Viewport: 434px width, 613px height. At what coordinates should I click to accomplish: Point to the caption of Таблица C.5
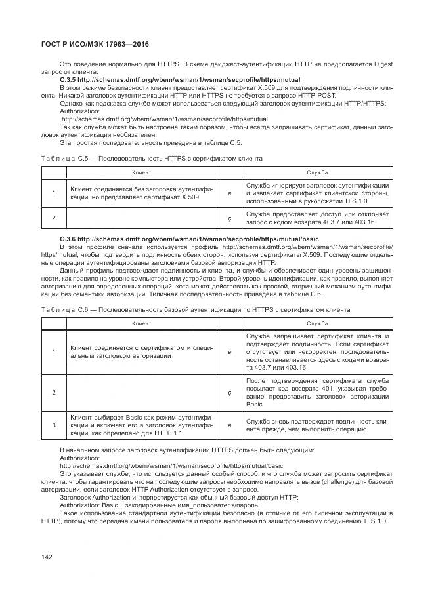(x=152, y=158)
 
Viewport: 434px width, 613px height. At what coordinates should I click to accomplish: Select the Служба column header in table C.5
(x=317, y=172)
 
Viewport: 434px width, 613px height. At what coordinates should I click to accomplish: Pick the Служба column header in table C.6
(x=317, y=323)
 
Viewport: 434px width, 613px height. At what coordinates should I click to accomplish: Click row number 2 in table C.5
(x=53, y=218)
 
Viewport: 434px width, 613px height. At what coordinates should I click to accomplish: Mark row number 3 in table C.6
(x=53, y=425)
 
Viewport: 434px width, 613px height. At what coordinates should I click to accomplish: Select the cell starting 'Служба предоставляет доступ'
(x=317, y=218)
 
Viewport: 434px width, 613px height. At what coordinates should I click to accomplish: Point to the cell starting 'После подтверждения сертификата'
(x=317, y=392)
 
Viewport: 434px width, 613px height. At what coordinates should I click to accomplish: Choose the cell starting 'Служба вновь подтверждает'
(x=317, y=425)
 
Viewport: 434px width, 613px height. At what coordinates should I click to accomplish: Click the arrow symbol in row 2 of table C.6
(x=229, y=393)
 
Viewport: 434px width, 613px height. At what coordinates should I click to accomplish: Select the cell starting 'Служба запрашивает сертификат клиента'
(x=317, y=352)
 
